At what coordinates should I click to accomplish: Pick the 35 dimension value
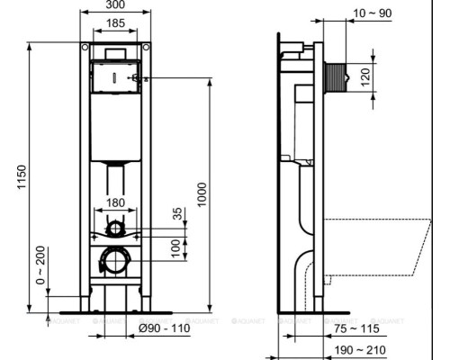177,213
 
